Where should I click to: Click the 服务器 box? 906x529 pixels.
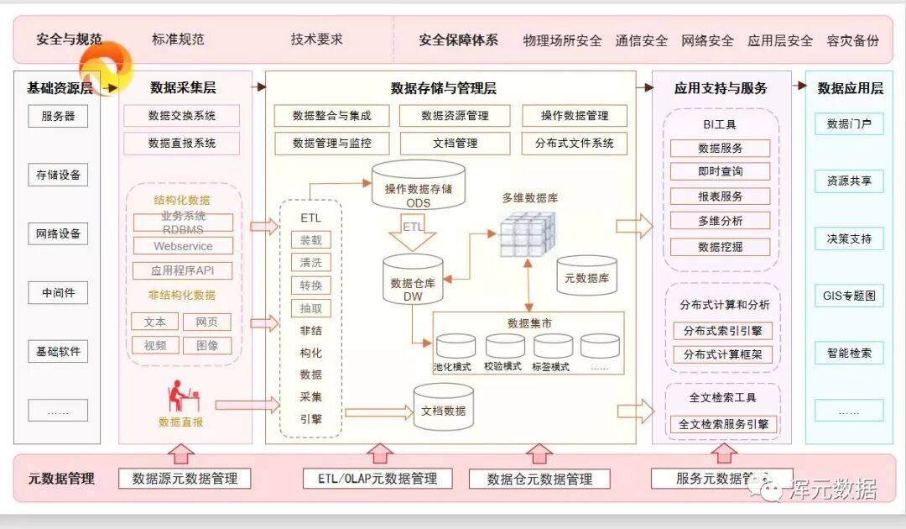click(58, 116)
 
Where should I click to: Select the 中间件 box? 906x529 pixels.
click(58, 293)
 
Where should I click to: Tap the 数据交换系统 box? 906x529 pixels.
click(181, 116)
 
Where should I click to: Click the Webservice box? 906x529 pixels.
click(183, 246)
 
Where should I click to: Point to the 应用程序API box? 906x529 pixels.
click(183, 270)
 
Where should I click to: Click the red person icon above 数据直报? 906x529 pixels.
click(181, 395)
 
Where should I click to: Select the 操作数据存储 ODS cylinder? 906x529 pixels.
click(418, 185)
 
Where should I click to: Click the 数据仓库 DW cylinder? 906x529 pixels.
click(413, 280)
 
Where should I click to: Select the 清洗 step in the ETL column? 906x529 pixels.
click(310, 262)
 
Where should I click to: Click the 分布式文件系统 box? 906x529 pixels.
click(574, 143)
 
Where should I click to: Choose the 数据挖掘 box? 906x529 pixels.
click(720, 247)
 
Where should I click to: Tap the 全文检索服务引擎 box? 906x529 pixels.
click(723, 424)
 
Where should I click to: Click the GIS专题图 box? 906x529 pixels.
click(849, 296)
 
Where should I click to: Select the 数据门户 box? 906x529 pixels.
click(849, 123)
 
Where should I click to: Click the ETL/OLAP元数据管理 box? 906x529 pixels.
click(377, 478)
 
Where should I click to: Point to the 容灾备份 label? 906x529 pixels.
click(852, 39)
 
